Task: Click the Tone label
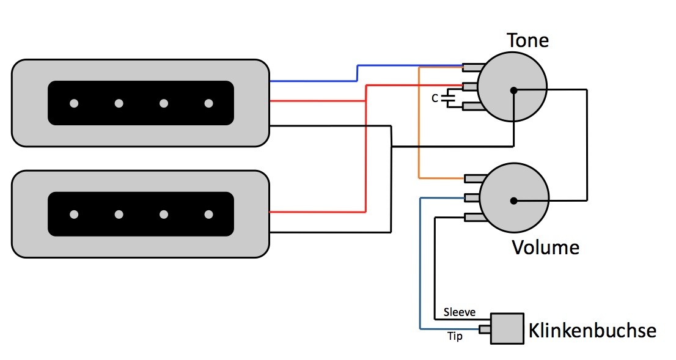point(527,40)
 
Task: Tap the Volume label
point(545,248)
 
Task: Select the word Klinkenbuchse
point(592,331)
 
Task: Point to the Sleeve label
point(460,312)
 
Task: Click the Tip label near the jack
point(455,336)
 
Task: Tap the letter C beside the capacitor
point(435,99)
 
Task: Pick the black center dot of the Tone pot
point(513,90)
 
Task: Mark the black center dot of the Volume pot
point(513,201)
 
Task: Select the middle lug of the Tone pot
point(471,87)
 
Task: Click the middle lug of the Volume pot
point(472,198)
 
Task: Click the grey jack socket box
point(507,329)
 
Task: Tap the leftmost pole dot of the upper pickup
point(74,103)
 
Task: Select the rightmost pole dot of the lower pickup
point(208,215)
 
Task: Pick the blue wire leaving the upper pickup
point(358,73)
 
